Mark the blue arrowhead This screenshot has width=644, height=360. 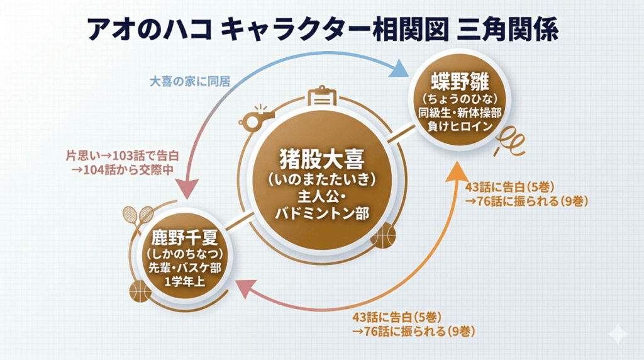click(397, 67)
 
